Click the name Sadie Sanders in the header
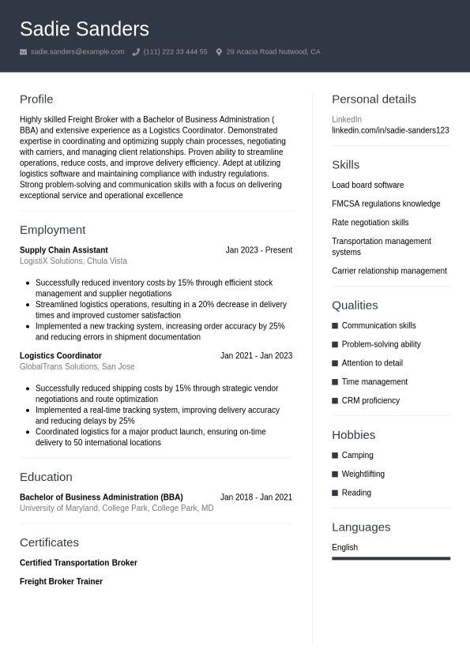point(84,29)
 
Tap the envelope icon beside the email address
point(24,52)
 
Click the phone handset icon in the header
point(136,52)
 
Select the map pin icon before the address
point(219,52)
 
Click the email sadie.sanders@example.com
point(77,52)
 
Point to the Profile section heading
point(36,99)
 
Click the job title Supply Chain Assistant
point(64,250)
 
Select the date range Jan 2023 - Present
point(258,250)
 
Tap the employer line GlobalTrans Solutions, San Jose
point(77,367)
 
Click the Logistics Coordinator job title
point(61,356)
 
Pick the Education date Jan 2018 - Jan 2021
point(256,497)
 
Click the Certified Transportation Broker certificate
point(78,563)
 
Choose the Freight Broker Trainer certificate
point(61,582)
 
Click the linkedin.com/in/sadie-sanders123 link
point(390,130)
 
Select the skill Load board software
point(367,186)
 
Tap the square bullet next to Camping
point(335,456)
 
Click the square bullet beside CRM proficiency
point(335,401)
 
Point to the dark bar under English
point(390,558)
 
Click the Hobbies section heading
point(353,435)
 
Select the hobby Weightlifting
point(363,475)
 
